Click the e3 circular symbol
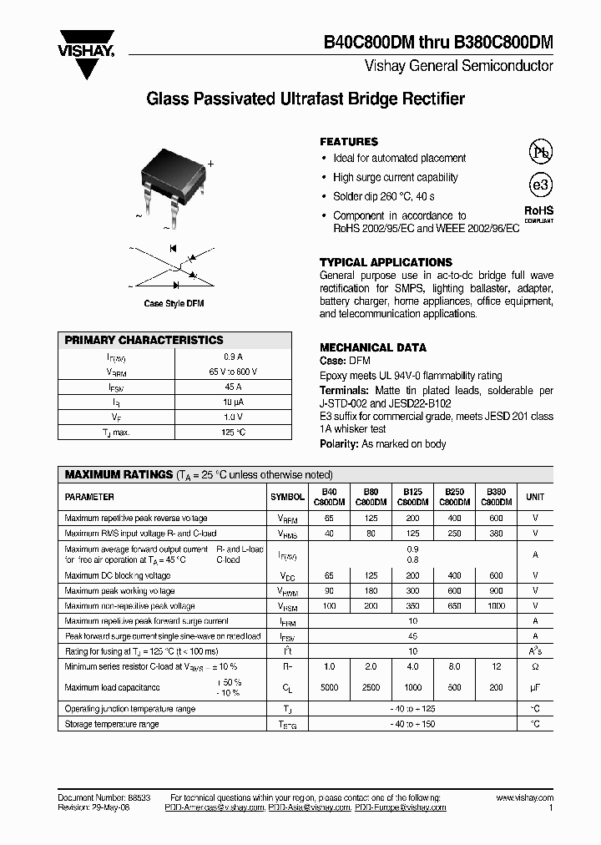541,184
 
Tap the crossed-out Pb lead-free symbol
541,152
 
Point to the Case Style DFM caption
174,303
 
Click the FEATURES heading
349,142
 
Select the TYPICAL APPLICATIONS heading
386,262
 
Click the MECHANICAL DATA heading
373,347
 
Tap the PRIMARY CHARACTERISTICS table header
144,341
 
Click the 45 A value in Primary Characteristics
233,387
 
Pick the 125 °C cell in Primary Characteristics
233,432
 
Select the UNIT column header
535,497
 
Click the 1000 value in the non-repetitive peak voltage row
497,606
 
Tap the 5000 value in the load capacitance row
330,687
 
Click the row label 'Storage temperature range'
112,724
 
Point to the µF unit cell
535,687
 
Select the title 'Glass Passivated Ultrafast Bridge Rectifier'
306,99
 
